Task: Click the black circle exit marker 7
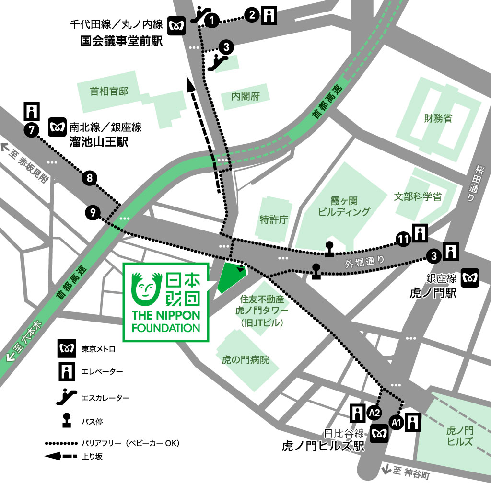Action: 31,129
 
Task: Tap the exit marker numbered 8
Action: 90,179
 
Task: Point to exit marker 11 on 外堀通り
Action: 403,238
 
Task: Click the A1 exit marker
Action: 396,422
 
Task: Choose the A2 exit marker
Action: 374,412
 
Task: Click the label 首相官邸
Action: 109,91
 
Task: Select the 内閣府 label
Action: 245,96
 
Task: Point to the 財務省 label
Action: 438,118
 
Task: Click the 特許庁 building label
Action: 273,219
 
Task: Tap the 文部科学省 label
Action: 418,196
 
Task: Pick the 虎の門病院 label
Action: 245,359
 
